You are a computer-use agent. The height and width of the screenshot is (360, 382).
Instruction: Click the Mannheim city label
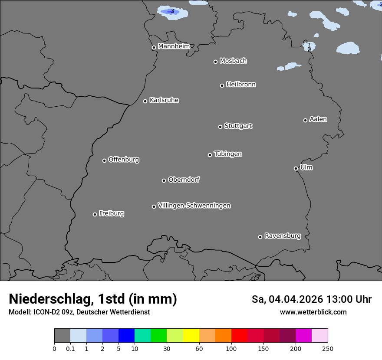[x=174, y=46]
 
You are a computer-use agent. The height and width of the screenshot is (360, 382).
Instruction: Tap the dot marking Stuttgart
[x=220, y=127]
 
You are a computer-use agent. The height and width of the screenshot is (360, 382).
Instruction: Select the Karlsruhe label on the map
[x=164, y=100]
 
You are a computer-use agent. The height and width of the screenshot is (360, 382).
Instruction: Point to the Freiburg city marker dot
[x=95, y=214]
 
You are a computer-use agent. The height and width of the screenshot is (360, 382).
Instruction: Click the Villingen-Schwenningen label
[x=194, y=206]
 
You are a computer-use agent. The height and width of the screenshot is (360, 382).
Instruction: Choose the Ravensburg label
[x=283, y=236]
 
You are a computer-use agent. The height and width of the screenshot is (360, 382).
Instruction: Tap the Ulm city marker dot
[x=296, y=168]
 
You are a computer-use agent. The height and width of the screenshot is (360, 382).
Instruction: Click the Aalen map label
[x=318, y=119]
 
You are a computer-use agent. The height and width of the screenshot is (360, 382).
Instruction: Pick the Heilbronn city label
[x=241, y=85]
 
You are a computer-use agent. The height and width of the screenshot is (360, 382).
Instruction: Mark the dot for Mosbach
[x=215, y=62]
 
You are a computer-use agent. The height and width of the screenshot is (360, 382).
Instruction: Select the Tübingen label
[x=228, y=154]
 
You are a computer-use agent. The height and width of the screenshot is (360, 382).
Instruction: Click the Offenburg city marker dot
[x=104, y=160]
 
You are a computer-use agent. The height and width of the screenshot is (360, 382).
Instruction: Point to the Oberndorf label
[x=184, y=180]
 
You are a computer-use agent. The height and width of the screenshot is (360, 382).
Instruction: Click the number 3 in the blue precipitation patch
[x=172, y=11]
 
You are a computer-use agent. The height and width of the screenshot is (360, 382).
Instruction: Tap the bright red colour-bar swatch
[x=239, y=336]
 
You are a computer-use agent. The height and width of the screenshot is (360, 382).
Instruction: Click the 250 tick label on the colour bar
[x=328, y=349]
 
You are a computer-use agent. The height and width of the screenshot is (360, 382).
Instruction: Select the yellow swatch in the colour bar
[x=191, y=336]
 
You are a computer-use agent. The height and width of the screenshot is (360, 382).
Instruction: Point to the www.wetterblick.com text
[x=313, y=312]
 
